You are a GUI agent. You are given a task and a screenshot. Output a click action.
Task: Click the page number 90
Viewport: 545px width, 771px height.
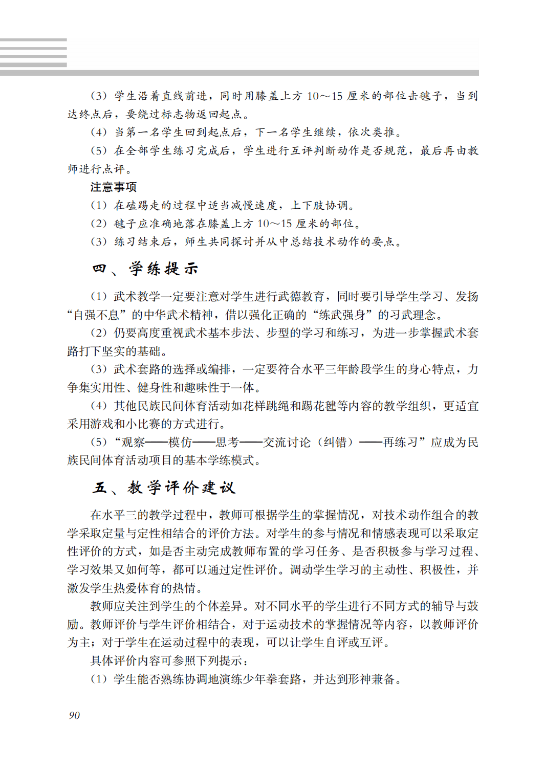click(x=74, y=715)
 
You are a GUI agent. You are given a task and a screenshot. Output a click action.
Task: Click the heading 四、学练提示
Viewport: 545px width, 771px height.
click(x=145, y=269)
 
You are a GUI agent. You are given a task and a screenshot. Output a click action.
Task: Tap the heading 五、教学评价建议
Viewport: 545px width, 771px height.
click(x=164, y=487)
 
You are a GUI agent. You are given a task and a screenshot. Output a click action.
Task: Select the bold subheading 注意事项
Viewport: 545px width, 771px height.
click(x=114, y=187)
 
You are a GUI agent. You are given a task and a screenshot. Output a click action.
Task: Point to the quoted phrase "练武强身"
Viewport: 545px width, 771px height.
click(x=343, y=315)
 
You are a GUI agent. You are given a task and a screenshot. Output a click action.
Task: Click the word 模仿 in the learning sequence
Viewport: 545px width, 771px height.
click(x=180, y=442)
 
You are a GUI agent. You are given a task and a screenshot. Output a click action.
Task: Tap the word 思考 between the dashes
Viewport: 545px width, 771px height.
click(x=227, y=442)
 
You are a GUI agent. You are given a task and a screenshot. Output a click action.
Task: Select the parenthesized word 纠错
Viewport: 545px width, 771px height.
click(x=336, y=442)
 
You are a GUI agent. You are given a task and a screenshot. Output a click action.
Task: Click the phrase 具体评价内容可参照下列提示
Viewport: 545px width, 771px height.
click(x=166, y=660)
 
